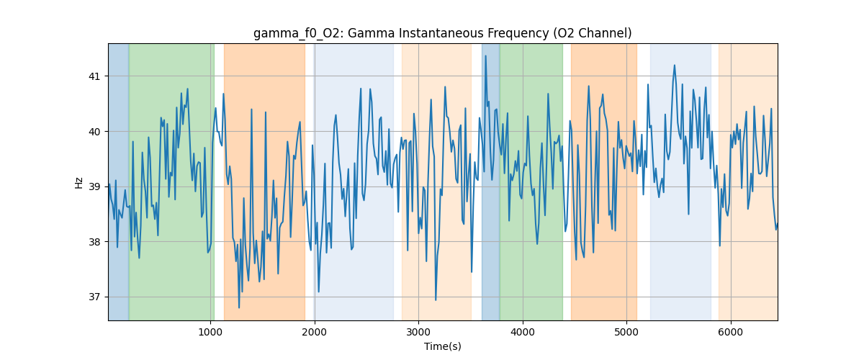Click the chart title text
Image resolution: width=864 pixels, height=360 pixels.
pos(442,33)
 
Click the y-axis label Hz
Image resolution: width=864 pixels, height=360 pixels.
pos(79,182)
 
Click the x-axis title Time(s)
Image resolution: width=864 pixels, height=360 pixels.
pos(442,346)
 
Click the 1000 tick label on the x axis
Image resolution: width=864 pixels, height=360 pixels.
pos(210,332)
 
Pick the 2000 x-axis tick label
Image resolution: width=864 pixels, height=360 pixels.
pos(314,332)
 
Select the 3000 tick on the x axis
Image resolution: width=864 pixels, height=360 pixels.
pos(418,332)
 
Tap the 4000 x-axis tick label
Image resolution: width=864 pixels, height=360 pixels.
pos(523,332)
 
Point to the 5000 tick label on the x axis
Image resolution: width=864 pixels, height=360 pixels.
pos(626,332)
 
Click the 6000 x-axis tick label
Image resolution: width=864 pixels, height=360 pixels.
pos(731,332)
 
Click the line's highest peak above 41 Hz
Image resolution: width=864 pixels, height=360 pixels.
pos(485,55)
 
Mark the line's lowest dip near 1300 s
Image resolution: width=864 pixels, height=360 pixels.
pos(239,307)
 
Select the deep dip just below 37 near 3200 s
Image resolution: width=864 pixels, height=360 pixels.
pos(436,300)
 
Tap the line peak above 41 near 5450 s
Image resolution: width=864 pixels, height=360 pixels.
pos(675,65)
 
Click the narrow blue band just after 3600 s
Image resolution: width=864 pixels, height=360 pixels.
pos(490,180)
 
